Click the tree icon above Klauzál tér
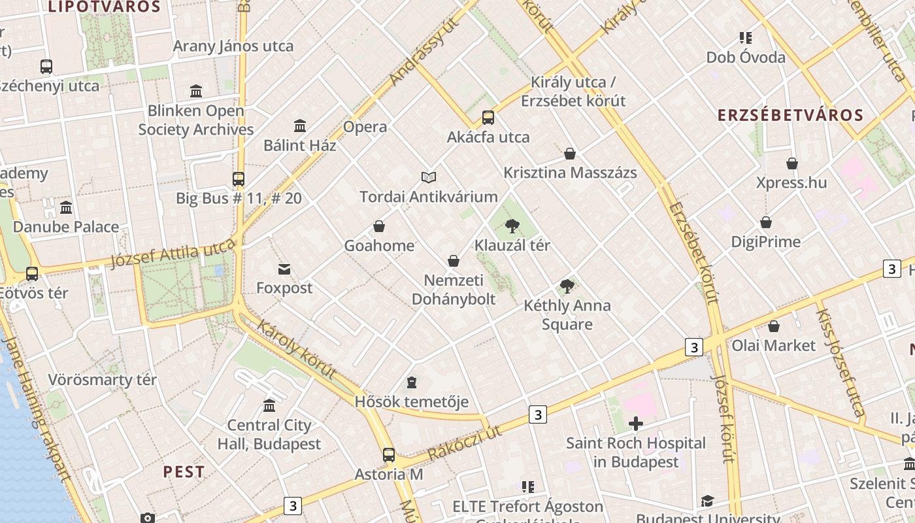point(512,226)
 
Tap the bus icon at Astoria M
point(389,455)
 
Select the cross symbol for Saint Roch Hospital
point(635,424)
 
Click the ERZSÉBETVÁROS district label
point(790,116)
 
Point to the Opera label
point(365,127)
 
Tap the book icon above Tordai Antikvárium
point(429,177)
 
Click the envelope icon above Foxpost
point(284,269)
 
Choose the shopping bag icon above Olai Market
point(774,326)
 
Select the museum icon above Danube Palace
point(66,208)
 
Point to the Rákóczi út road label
point(465,443)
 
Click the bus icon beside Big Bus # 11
point(239,178)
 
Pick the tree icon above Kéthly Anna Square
point(567,286)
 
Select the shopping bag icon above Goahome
point(379,227)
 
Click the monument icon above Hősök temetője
point(412,382)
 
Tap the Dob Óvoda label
point(746,58)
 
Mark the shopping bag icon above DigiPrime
point(765,223)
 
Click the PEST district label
point(184,472)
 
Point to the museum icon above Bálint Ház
point(300,126)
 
